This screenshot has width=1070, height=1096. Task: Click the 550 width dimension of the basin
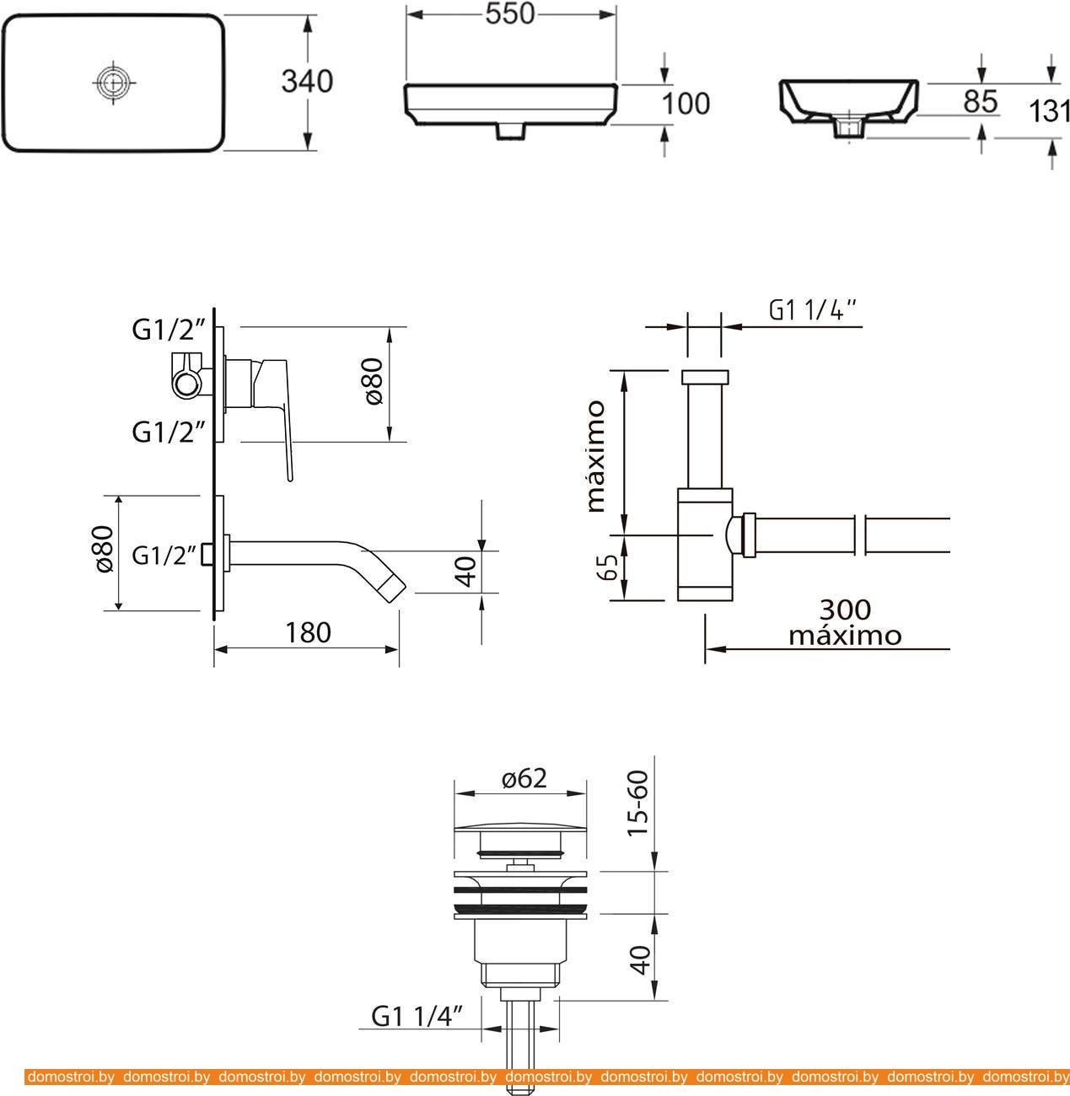click(x=509, y=13)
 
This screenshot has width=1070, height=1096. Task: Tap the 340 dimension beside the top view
click(x=307, y=82)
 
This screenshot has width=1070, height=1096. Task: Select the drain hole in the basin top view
click(x=114, y=83)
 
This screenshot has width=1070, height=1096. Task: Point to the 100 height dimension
click(x=686, y=104)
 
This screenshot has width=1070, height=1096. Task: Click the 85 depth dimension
click(x=981, y=102)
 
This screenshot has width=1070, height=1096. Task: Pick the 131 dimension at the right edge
click(x=1049, y=111)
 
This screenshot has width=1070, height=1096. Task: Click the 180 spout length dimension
click(x=308, y=632)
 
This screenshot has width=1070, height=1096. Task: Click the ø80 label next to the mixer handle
click(x=374, y=381)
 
